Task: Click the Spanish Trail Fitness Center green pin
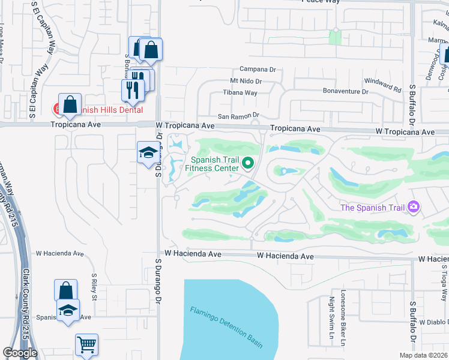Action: [247, 163]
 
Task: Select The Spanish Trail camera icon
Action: [413, 208]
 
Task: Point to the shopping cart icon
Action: [86, 345]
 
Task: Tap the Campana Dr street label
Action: [258, 70]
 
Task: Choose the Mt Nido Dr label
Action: [246, 81]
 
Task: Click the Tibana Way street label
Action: [240, 92]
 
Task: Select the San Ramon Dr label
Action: [238, 115]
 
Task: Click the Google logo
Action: [20, 353]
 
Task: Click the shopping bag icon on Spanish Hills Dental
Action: [70, 104]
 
